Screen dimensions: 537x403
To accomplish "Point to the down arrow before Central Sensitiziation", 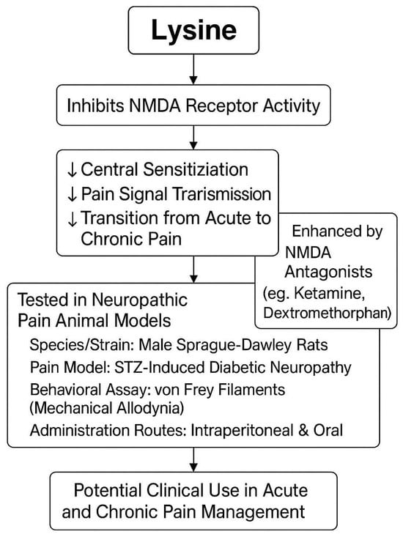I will click(x=71, y=171).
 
